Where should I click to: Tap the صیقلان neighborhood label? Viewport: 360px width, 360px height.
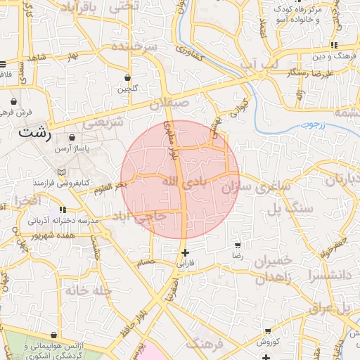169,103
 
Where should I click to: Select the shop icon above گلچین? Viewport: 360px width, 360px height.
127,78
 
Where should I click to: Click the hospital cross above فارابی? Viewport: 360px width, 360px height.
184,252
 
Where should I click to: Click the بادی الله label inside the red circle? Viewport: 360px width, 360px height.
186,182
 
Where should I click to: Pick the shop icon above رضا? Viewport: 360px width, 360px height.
238,245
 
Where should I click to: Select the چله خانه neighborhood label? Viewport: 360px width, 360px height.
89,290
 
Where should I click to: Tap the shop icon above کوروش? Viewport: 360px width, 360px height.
267,330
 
